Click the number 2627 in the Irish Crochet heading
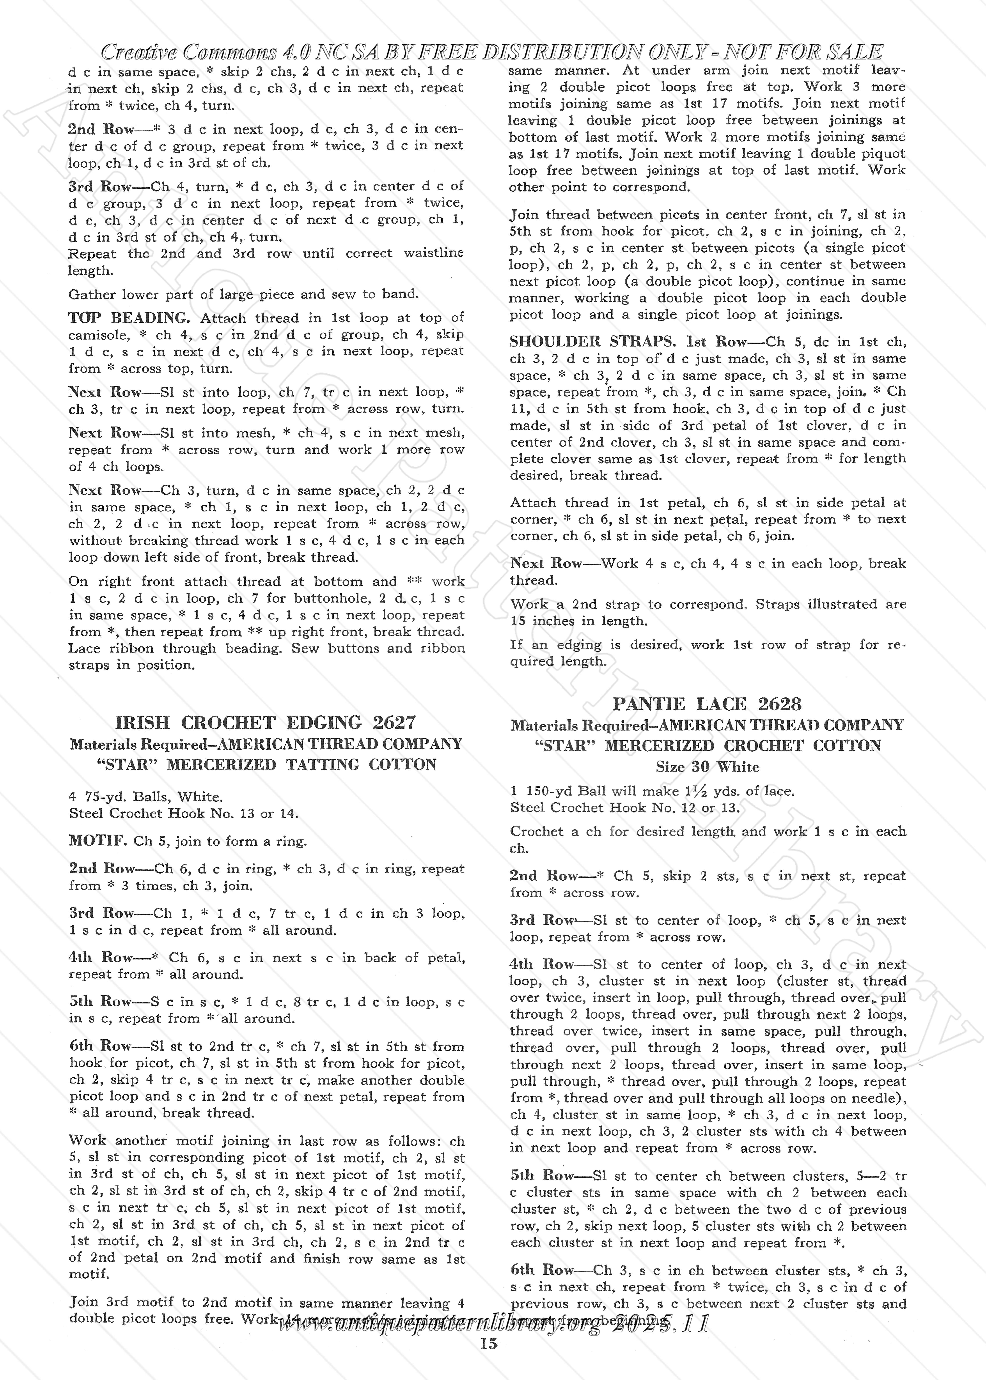point(394,722)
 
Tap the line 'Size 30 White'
point(707,767)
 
